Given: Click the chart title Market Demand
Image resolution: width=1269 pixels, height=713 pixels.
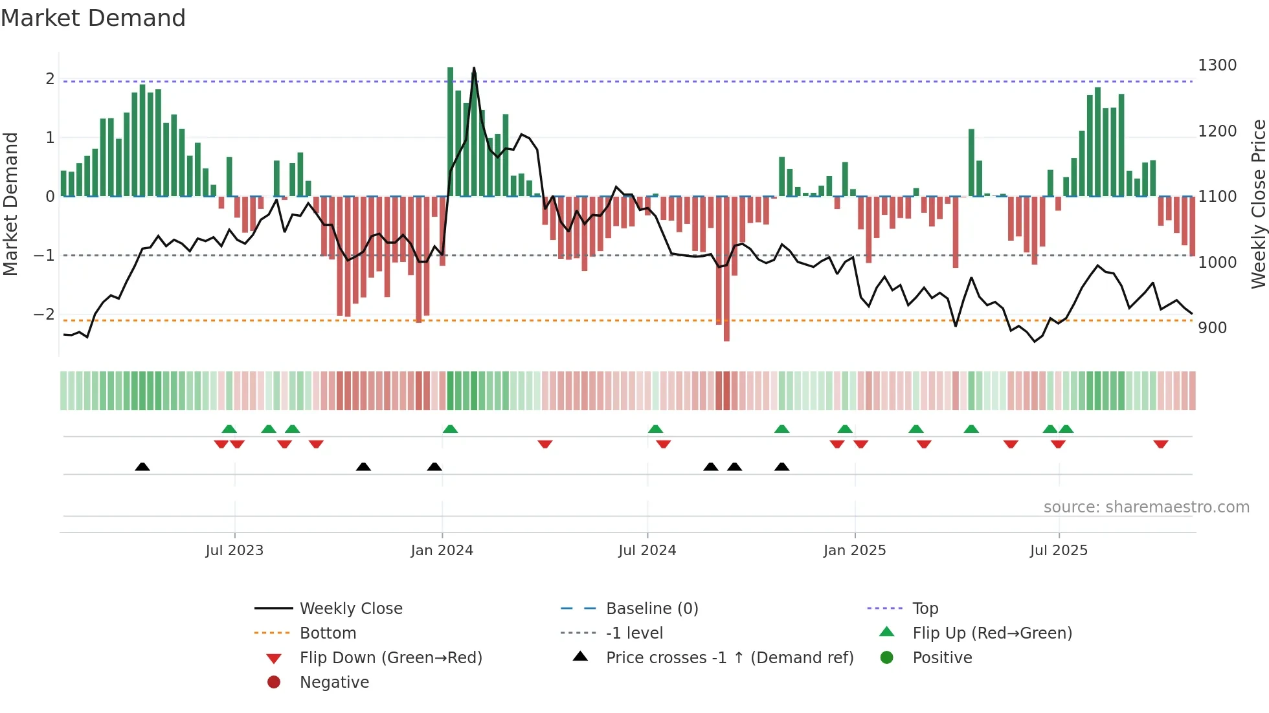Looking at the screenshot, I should pyautogui.click(x=93, y=18).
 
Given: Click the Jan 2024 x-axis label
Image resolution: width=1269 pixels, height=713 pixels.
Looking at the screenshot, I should pyautogui.click(x=442, y=551).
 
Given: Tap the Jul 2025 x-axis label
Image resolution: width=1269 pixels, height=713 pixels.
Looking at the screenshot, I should pyautogui.click(x=1059, y=551).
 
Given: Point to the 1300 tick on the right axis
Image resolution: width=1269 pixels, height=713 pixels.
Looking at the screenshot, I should pyautogui.click(x=1217, y=65).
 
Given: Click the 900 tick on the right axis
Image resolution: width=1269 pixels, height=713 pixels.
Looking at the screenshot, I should pyautogui.click(x=1212, y=328).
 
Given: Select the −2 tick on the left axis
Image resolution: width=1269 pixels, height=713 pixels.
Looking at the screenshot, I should pyautogui.click(x=45, y=314).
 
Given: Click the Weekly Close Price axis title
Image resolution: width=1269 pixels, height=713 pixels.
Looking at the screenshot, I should pyautogui.click(x=1258, y=204).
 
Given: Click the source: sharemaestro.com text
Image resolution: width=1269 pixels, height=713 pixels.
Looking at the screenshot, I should pyautogui.click(x=1146, y=507).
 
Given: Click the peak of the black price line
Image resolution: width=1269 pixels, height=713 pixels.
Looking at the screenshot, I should pyautogui.click(x=474, y=68).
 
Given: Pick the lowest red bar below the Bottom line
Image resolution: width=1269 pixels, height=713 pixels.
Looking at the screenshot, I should pyautogui.click(x=726, y=337).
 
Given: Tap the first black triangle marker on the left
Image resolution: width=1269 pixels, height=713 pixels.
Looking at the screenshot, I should pyautogui.click(x=142, y=466).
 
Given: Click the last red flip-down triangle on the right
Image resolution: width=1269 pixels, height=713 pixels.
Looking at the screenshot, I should pyautogui.click(x=1160, y=444).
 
